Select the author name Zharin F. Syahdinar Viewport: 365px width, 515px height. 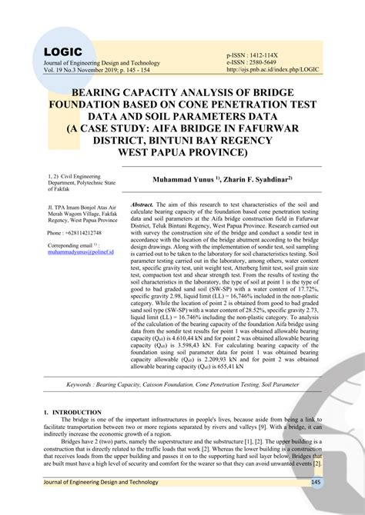260,180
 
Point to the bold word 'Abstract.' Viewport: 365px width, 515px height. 143,205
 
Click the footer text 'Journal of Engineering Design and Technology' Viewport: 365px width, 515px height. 99,482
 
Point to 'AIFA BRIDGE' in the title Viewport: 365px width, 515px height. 209,129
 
